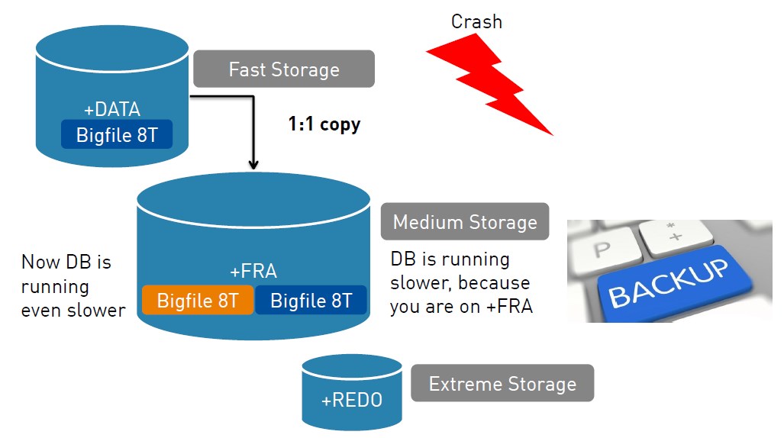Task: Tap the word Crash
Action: [x=476, y=21]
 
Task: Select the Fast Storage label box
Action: [x=283, y=69]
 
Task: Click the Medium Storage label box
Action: [x=464, y=222]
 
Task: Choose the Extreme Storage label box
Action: [x=502, y=383]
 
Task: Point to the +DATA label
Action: [x=112, y=109]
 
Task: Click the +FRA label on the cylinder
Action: [x=253, y=271]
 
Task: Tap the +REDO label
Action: [x=351, y=401]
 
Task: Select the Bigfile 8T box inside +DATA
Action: [x=117, y=136]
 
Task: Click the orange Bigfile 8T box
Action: [x=197, y=301]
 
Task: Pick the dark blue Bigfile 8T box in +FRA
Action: [x=311, y=301]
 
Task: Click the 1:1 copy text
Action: [x=324, y=124]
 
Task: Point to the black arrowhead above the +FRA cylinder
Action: [x=253, y=163]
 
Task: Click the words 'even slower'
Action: [x=73, y=310]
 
